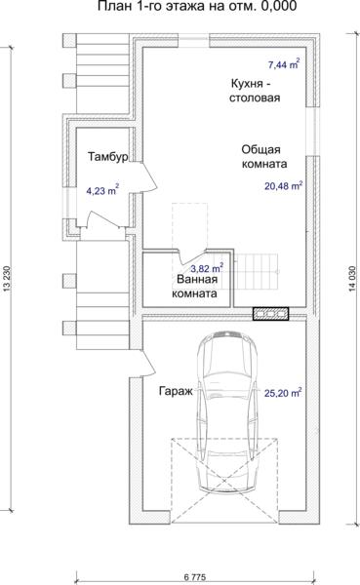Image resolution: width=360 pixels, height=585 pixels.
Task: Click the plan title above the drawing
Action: click(x=197, y=6)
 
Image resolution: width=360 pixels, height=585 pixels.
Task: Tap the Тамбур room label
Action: click(x=108, y=156)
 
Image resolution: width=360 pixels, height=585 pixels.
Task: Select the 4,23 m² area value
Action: click(x=102, y=190)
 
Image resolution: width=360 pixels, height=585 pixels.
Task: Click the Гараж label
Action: click(x=176, y=391)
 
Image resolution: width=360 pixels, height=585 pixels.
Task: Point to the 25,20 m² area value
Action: click(x=283, y=393)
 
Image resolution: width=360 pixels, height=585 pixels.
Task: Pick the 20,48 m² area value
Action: click(x=284, y=185)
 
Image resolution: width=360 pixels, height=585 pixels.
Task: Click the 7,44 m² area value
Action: click(x=284, y=64)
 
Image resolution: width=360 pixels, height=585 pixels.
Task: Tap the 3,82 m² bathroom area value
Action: click(x=207, y=267)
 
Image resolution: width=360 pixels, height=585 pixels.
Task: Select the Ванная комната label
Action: click(x=194, y=286)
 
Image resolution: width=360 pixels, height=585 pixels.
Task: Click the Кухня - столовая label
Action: click(x=255, y=91)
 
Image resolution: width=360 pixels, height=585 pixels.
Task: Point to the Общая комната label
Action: click(x=264, y=157)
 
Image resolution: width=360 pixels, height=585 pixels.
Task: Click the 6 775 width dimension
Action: click(x=195, y=577)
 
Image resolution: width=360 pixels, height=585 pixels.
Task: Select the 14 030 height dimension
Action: click(x=352, y=278)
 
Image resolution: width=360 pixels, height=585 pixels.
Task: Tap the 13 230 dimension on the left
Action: click(x=6, y=278)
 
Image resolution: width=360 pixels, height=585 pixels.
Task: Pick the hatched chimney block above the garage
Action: click(x=271, y=314)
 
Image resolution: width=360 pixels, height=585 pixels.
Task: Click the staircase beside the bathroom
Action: click(x=257, y=272)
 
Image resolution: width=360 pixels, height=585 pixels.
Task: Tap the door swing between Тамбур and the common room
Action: click(x=151, y=176)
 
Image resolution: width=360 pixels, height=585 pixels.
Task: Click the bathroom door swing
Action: click(x=190, y=256)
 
